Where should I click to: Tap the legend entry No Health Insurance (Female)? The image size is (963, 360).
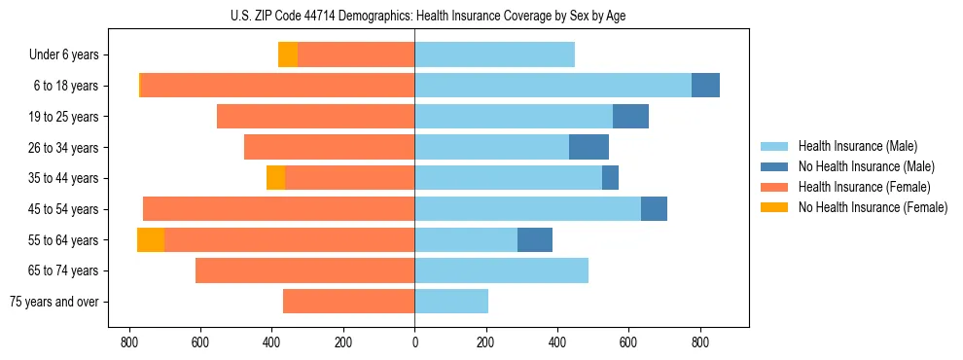tap(873, 207)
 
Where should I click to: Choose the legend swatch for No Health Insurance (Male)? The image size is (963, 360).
tap(775, 166)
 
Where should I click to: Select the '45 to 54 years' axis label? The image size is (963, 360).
tap(63, 209)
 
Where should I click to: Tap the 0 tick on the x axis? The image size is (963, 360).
tap(414, 342)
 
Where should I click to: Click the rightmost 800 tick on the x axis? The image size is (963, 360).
tap(699, 342)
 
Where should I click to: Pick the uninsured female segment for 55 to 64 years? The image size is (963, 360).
tap(151, 240)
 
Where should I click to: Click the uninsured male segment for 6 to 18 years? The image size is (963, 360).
tap(705, 86)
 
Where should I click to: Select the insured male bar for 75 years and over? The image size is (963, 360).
tap(451, 302)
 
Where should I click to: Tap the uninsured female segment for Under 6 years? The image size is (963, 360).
tap(288, 55)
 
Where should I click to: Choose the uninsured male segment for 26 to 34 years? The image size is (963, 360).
tap(588, 148)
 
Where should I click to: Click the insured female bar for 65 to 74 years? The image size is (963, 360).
tap(304, 270)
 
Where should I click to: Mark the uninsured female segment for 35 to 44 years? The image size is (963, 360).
tap(275, 178)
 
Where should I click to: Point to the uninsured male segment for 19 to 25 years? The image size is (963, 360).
tap(630, 117)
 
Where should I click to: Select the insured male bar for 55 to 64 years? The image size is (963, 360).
tap(466, 240)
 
